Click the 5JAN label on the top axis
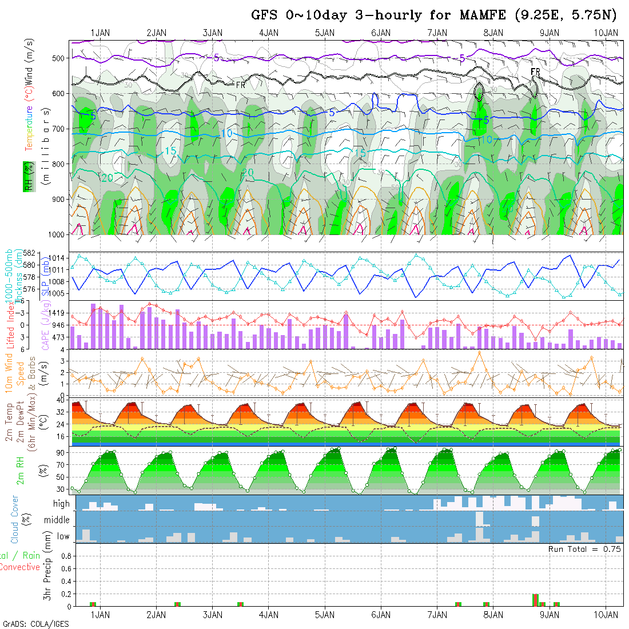pos(325,33)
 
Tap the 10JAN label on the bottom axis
pos(606,615)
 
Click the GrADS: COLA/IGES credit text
pos(35,624)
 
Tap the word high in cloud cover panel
pos(61,504)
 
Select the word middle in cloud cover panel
pos(57,520)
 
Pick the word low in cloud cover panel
pos(63,536)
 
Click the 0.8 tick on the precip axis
pos(65,556)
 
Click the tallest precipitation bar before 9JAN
pos(535,600)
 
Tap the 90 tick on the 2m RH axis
pos(59,452)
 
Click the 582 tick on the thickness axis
pos(30,253)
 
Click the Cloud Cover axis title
pos(15,520)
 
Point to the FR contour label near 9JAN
pos(536,71)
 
